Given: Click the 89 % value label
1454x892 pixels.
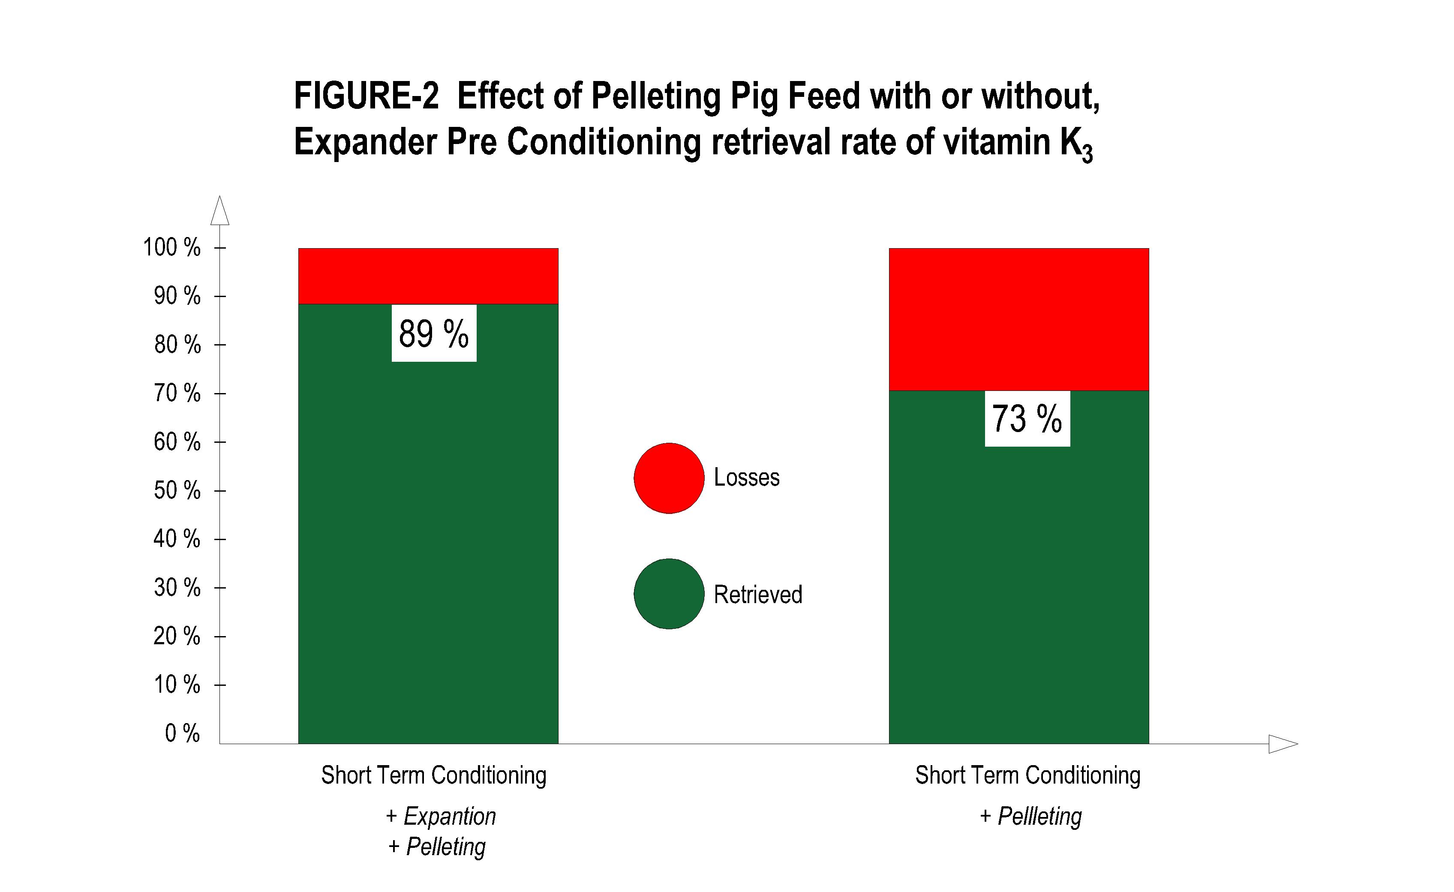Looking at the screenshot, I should (x=434, y=333).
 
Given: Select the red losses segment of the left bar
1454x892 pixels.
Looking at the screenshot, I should (x=428, y=276).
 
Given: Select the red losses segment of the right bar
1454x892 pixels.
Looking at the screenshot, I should (x=1018, y=319).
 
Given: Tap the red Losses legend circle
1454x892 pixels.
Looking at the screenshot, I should (x=669, y=478).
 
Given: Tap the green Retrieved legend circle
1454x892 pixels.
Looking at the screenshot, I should (x=669, y=594).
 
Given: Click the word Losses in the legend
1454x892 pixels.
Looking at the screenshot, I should (x=746, y=477).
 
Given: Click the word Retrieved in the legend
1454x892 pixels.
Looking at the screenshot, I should (x=758, y=594).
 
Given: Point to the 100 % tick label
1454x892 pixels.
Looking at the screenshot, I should (x=172, y=247).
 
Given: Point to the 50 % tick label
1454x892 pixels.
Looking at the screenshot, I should (x=177, y=490).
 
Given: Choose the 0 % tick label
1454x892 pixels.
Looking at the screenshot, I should (x=182, y=733).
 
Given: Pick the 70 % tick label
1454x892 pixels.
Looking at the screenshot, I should (x=177, y=393).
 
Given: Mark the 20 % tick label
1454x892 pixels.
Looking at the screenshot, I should (x=177, y=636).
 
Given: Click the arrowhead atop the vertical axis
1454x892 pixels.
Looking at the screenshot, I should (x=219, y=211).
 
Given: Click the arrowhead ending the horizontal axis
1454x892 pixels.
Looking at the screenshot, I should (x=1282, y=744).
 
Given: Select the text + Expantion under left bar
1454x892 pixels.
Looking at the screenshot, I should (x=441, y=817).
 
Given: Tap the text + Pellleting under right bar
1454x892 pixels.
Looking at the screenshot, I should (x=1030, y=817).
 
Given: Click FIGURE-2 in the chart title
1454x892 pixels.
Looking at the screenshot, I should (x=367, y=96).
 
